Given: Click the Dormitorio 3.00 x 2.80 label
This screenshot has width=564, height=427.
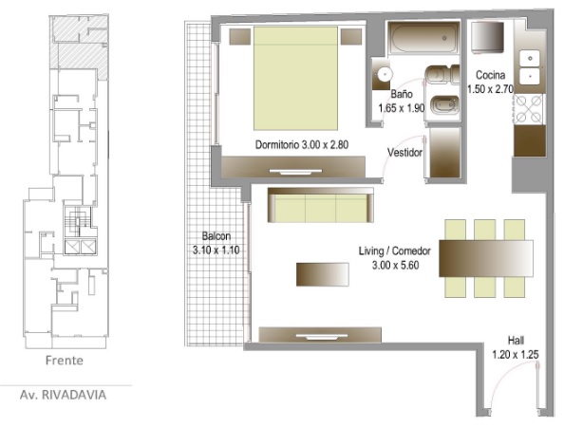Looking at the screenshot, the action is coord(302,145).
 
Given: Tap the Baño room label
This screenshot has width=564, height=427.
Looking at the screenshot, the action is coord(402,101).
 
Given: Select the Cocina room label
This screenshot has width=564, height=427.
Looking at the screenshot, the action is coord(490,82).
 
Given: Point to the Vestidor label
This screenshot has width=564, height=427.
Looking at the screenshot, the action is coord(404,153).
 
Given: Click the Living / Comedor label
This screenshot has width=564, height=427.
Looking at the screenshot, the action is coord(395,258).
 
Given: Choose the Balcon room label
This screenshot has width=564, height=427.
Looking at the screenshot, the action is coord(216,243).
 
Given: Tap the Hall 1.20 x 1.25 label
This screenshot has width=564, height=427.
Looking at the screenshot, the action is coord(516,347).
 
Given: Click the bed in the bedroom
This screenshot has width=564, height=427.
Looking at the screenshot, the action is coord(295,78).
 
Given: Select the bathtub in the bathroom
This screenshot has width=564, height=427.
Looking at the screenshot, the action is coord(424,37).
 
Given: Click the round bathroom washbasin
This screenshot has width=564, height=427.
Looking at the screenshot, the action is coord(385,74).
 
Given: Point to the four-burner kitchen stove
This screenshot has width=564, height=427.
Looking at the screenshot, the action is coord(528,108).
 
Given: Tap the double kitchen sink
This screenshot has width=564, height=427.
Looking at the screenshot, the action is coord(530,66).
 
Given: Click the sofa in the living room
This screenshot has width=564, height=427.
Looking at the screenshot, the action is coord(321,205).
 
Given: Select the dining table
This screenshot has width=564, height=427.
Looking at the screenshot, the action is coord(486,258).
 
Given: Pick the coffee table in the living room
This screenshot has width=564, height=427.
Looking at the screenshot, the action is coord(322,274).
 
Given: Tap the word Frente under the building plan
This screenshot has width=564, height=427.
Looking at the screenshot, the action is coord(65,361).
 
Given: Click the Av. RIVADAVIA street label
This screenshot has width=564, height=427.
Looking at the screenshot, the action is coord(63,395).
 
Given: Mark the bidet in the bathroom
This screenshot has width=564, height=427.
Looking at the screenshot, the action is coord(442,106).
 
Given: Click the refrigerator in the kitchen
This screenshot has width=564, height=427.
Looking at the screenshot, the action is coord(487,37).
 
